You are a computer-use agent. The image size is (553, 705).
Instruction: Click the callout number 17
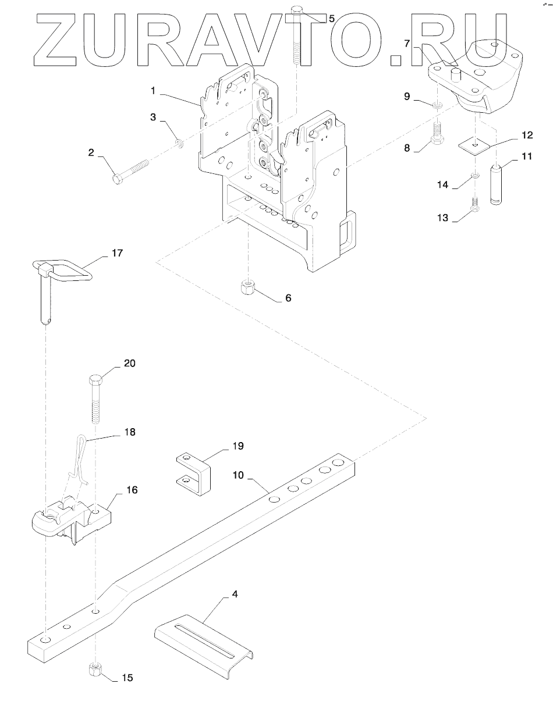click(x=117, y=252)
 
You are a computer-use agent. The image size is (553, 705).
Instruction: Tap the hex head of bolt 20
click(x=94, y=379)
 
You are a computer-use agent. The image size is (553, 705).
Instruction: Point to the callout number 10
click(x=238, y=475)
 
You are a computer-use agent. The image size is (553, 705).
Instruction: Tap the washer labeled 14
click(x=475, y=176)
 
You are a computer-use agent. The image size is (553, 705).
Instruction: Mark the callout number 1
click(x=153, y=91)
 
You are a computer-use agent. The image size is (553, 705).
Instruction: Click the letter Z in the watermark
click(x=56, y=40)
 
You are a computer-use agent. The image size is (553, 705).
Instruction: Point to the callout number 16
click(x=132, y=490)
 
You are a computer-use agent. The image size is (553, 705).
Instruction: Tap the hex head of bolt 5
click(x=297, y=10)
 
